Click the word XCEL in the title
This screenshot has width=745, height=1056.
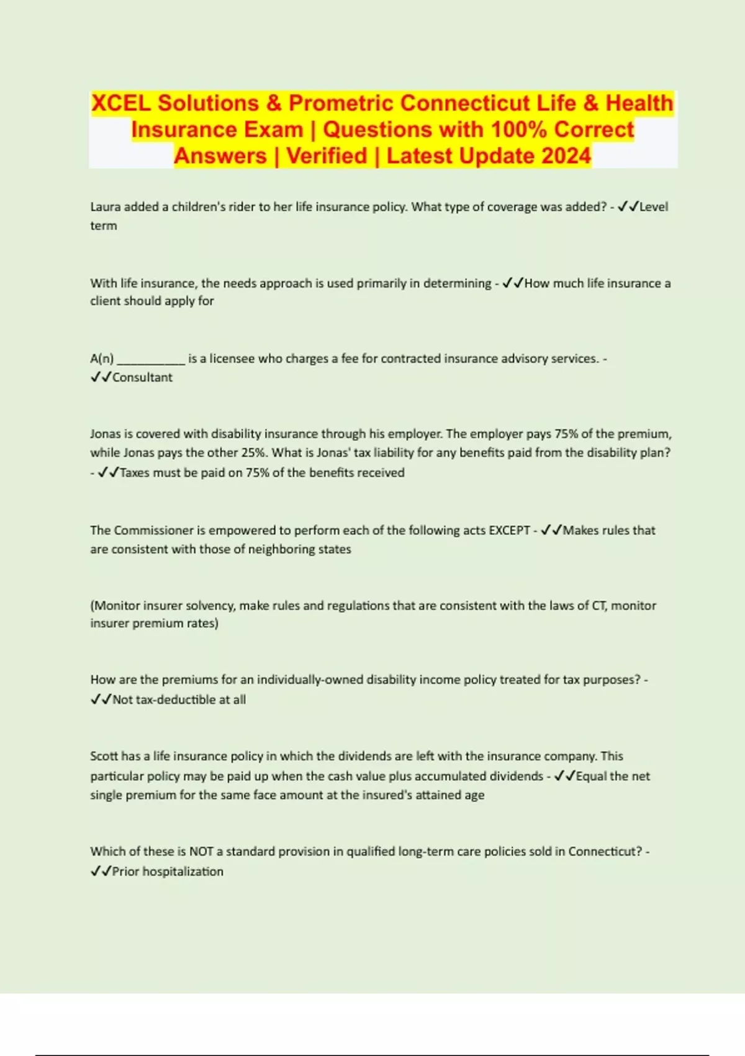121,103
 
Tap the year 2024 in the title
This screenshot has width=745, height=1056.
566,156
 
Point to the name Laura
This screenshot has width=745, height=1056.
106,207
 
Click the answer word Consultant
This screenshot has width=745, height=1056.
142,378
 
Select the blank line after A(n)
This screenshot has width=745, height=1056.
151,359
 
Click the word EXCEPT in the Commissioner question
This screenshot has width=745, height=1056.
509,530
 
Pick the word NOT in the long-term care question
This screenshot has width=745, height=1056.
201,852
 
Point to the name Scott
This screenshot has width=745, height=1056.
104,757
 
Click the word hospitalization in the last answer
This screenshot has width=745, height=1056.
183,872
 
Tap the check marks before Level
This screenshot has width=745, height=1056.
628,207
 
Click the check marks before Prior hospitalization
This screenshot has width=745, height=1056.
101,872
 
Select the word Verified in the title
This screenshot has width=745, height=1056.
327,156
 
